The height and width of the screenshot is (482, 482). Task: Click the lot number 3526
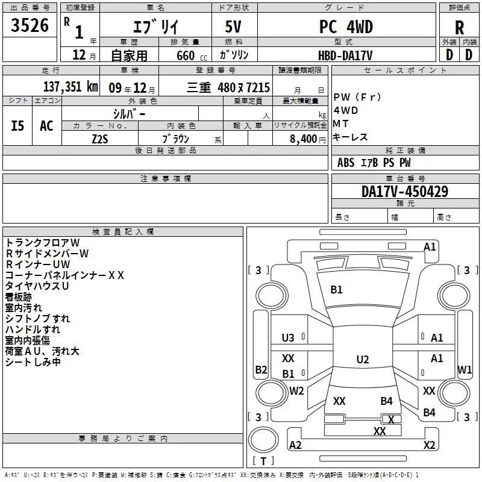click(30, 25)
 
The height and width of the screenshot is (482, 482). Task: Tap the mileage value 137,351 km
click(70, 87)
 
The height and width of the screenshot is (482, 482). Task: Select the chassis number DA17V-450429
click(405, 192)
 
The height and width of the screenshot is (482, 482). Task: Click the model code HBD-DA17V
click(345, 55)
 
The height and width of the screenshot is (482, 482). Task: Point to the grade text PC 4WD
click(346, 27)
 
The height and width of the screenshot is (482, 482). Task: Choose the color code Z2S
click(100, 139)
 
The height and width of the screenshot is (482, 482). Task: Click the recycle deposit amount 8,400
click(304, 139)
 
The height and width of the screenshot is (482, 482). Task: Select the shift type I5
click(17, 126)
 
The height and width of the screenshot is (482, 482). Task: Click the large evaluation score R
click(459, 28)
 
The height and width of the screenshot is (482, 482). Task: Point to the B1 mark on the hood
click(336, 290)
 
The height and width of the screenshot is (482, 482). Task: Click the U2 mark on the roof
click(363, 359)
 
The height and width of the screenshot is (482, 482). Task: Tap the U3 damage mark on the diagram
click(288, 338)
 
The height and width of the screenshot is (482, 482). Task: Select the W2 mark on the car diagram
click(296, 390)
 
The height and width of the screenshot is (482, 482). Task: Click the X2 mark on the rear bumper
click(429, 445)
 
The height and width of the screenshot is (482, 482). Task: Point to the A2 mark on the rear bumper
click(295, 445)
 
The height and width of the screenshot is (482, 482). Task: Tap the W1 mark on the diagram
click(465, 369)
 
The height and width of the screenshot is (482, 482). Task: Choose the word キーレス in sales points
click(350, 137)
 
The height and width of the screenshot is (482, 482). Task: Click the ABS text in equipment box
click(346, 163)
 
